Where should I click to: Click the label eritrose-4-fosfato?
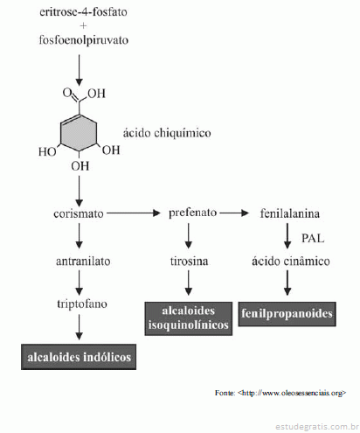pyautogui.click(x=83, y=12)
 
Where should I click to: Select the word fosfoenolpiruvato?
pyautogui.click(x=84, y=40)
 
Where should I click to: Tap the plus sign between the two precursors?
pyautogui.click(x=83, y=26)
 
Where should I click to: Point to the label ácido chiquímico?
pyautogui.click(x=167, y=133)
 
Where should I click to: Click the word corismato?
pyautogui.click(x=79, y=213)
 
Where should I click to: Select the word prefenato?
pyautogui.click(x=193, y=213)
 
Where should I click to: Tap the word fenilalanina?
pyautogui.click(x=290, y=213)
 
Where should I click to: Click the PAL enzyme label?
pyautogui.click(x=313, y=238)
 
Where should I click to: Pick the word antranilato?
pyautogui.click(x=83, y=261)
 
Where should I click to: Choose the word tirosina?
pyautogui.click(x=189, y=261)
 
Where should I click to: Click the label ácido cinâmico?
pyautogui.click(x=291, y=261)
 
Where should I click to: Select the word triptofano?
pyautogui.click(x=82, y=304)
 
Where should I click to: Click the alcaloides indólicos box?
pyautogui.click(x=79, y=357)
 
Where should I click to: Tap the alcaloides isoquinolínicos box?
pyautogui.click(x=189, y=318)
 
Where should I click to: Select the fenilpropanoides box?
pyautogui.click(x=287, y=314)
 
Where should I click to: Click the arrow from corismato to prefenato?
pyautogui.click(x=134, y=213)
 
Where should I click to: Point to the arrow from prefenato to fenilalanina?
pyautogui.click(x=234, y=213)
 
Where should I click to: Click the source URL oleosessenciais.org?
pyautogui.click(x=292, y=393)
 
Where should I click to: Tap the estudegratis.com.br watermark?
pyautogui.click(x=317, y=427)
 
